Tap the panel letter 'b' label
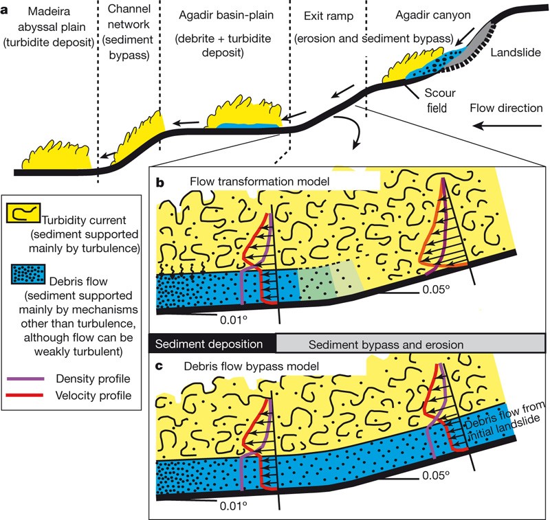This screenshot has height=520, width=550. (x=159, y=184)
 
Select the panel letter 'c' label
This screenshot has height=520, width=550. (x=159, y=368)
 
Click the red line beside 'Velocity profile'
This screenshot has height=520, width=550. (x=23, y=395)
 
